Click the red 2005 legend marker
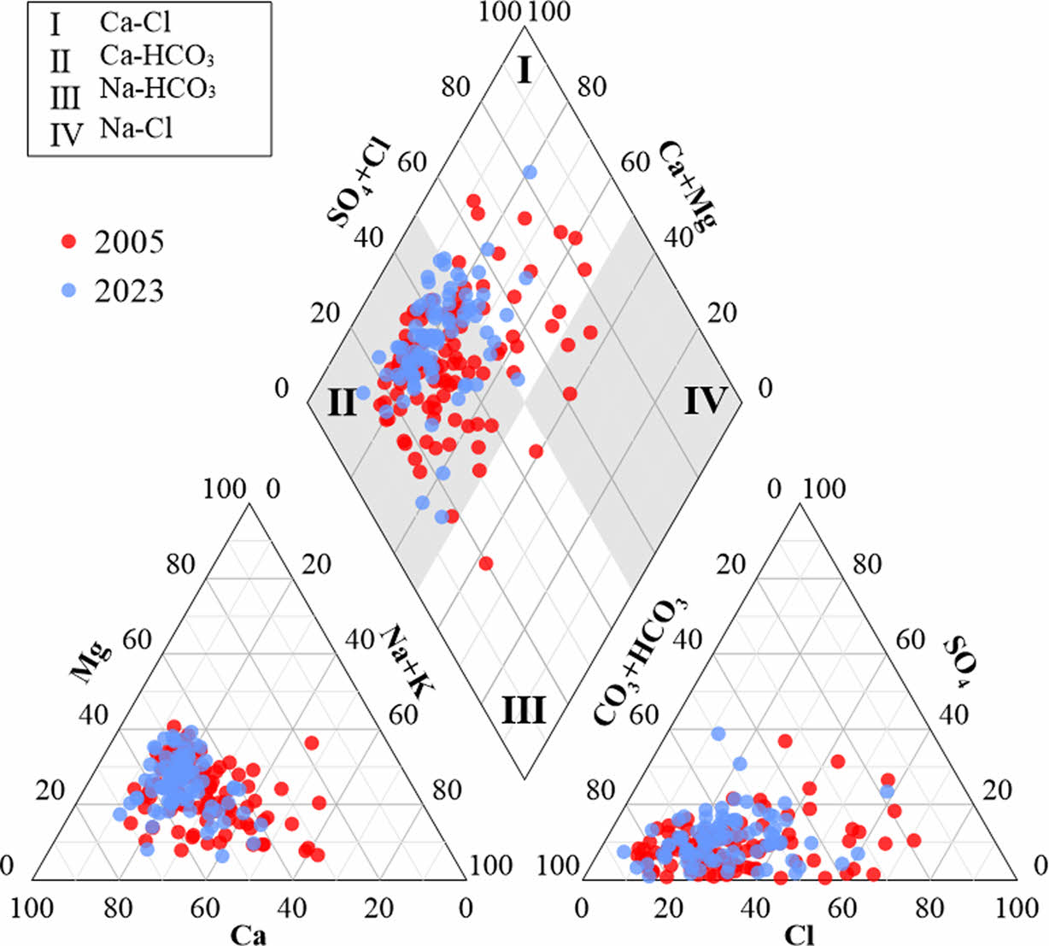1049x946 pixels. [71, 242]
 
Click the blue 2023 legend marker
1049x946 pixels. [71, 291]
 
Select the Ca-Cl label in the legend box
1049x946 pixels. [135, 22]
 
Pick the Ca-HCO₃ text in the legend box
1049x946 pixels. [155, 56]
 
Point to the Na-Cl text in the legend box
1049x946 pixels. [136, 128]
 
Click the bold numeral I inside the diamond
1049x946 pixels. [525, 72]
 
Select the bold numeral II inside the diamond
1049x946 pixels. [342, 401]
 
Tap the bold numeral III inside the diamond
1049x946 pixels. [523, 710]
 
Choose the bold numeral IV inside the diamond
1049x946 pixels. [705, 400]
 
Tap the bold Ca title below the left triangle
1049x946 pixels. [249, 935]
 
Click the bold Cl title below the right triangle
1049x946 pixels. [800, 935]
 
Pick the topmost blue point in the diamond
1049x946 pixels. [530, 173]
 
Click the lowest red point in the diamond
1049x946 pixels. [486, 563]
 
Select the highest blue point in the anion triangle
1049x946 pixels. [718, 733]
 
